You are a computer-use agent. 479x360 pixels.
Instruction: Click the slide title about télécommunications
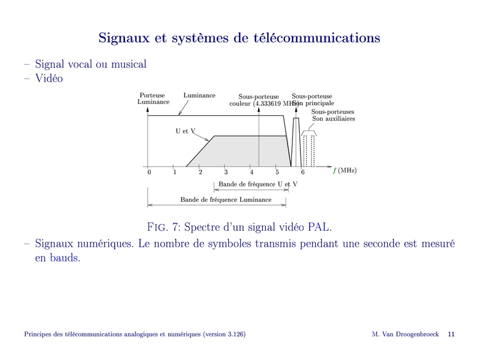coord(239,38)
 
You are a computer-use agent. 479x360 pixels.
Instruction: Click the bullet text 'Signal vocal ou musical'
coord(91,64)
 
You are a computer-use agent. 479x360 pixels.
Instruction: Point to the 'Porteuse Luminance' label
coord(153,99)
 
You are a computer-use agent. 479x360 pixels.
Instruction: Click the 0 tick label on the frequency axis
coord(149,172)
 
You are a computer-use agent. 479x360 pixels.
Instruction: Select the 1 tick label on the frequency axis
coord(175,172)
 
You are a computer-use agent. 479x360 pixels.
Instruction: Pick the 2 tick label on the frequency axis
coord(200,172)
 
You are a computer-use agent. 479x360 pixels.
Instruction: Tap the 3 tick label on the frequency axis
coord(226,172)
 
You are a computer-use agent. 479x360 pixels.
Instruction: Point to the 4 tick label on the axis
coord(251,172)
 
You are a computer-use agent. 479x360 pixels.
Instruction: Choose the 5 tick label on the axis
coord(277,172)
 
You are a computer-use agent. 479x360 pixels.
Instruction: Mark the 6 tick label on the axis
coord(302,172)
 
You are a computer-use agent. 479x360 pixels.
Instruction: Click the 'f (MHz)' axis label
coord(345,170)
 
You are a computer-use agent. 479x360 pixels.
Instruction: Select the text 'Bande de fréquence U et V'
coord(258,184)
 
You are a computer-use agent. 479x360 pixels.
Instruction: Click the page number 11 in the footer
coord(451,334)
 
